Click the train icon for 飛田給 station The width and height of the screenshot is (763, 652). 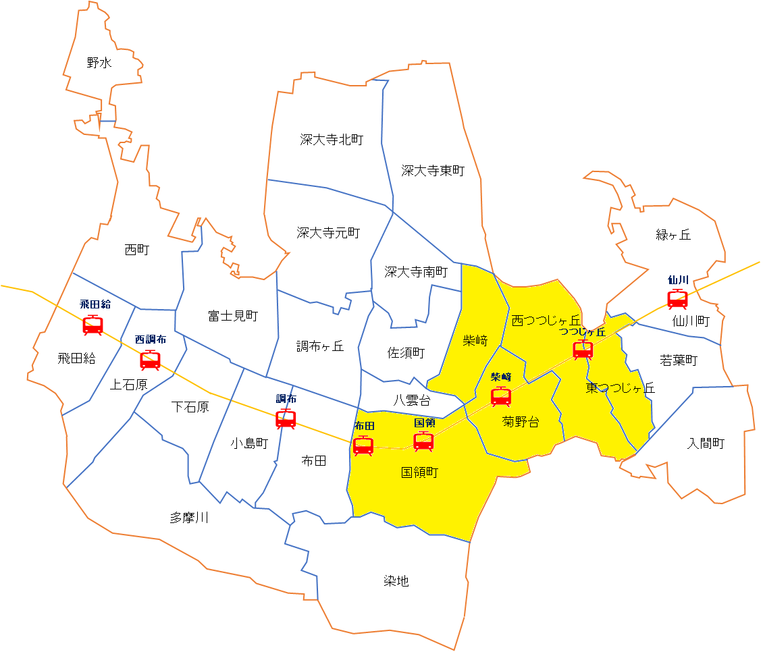pos(93,325)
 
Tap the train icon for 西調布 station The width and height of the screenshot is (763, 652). pos(150,360)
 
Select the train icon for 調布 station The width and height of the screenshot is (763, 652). pos(286,419)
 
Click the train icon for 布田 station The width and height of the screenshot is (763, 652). pos(363,445)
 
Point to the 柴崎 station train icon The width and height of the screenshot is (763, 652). pos(500,397)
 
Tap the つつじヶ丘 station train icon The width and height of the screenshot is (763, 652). pos(583,350)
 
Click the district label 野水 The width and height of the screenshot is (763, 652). pos(99,63)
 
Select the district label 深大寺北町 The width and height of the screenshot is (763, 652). pos(332,140)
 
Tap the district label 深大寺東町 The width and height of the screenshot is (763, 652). pos(433,171)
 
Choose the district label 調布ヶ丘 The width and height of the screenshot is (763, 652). pos(320,346)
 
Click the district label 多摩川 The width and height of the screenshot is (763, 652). pos(189,518)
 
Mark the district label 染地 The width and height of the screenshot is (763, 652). pos(396,581)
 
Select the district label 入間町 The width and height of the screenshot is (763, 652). pos(706,443)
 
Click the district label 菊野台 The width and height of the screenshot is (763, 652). pos(521,423)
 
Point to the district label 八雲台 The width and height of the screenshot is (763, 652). pos(412,400)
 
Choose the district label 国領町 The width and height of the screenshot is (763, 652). pos(419,472)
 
